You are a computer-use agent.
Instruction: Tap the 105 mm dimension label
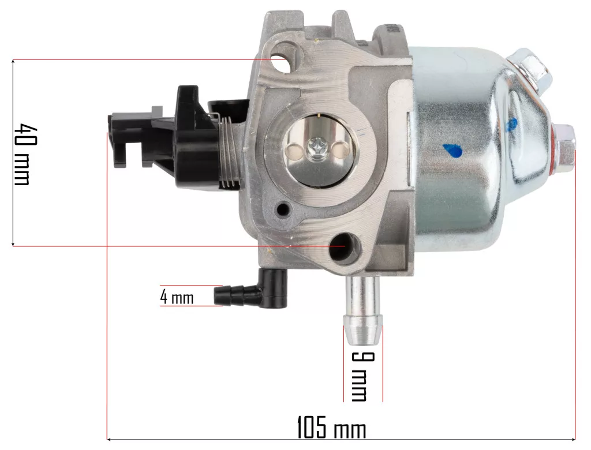[x=332, y=427]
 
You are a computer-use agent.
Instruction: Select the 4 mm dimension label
[x=177, y=297]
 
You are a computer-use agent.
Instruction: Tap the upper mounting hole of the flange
[x=283, y=62]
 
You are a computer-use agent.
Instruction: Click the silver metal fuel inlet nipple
[x=362, y=310]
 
